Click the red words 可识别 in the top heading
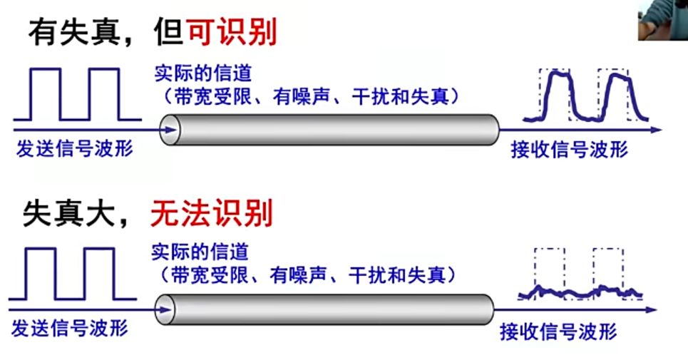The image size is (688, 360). pos(231,32)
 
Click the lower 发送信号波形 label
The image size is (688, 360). pos(70,329)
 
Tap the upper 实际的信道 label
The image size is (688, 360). pos(203,73)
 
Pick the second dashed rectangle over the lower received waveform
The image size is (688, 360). pos(608,271)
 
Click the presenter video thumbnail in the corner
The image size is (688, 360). pos(662,19)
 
